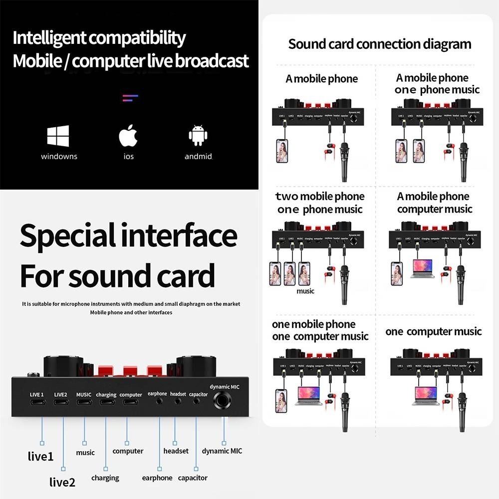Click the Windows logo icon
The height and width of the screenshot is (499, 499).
coord(58,136)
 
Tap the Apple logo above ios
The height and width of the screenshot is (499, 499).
coord(128,136)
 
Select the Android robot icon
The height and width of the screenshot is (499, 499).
coord(198,136)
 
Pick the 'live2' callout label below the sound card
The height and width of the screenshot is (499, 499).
coord(62,482)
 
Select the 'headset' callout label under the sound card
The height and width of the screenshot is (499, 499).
coord(176,451)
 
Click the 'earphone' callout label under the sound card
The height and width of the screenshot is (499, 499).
coord(157,478)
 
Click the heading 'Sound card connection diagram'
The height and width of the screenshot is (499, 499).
coord(380,44)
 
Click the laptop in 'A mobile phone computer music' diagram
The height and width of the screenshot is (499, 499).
coord(422,268)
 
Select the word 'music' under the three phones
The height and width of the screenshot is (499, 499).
coord(305,291)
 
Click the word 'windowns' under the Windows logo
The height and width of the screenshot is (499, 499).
coord(59,157)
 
